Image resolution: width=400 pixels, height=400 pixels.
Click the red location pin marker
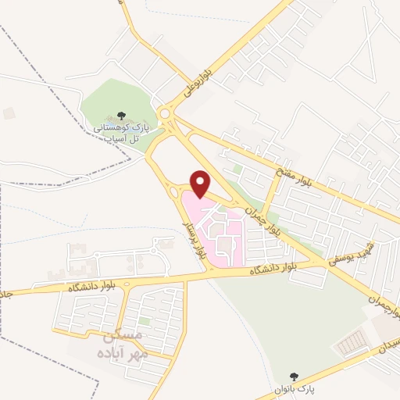(x=201, y=183)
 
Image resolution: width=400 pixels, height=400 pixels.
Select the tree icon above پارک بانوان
(x=294, y=377)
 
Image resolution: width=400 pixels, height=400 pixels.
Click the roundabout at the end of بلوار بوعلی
(x=165, y=114)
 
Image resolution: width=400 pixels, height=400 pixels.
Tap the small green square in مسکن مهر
(x=145, y=321)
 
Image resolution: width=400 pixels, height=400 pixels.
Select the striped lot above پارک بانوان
(x=354, y=341)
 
